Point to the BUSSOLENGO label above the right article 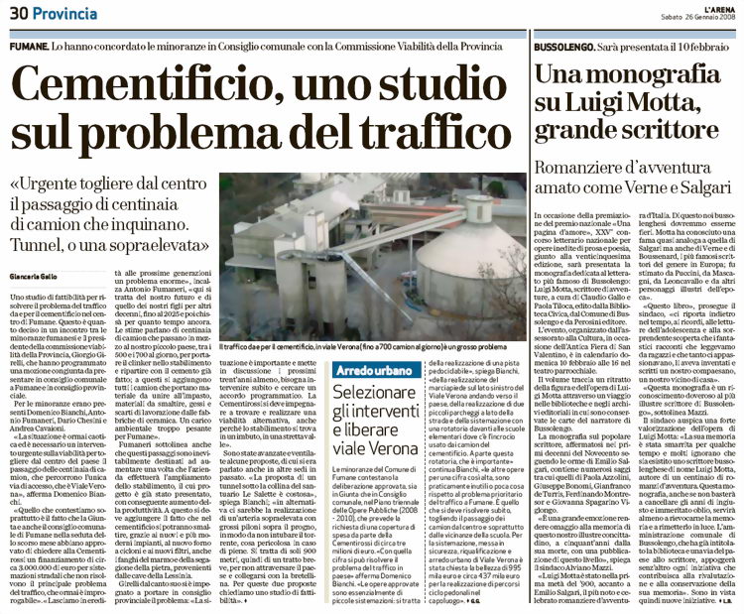pyautogui.click(x=569, y=47)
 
